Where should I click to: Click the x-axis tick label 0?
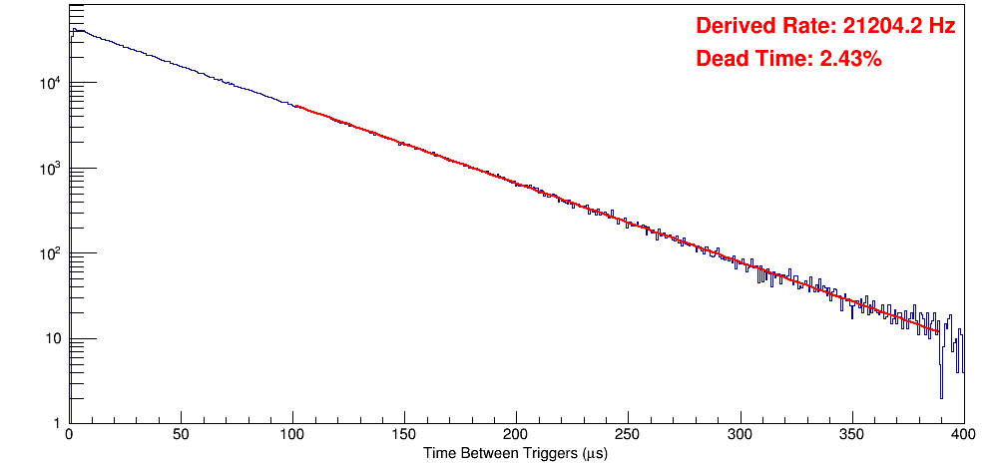(x=68, y=436)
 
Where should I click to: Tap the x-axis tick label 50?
(x=181, y=436)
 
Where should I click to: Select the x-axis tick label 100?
(x=292, y=436)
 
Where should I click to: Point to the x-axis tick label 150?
(x=404, y=436)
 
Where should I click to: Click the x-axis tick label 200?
(x=516, y=436)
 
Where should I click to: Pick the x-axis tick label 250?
(x=628, y=436)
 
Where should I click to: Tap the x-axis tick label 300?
(x=740, y=436)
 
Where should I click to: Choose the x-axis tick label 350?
(x=851, y=436)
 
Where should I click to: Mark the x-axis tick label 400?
(x=963, y=436)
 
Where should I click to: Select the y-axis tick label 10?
(x=52, y=339)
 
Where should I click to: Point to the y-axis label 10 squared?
(x=52, y=253)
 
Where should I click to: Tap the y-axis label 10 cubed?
(x=52, y=169)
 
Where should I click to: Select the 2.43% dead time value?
(x=850, y=60)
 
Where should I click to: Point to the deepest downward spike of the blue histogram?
(x=940, y=397)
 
